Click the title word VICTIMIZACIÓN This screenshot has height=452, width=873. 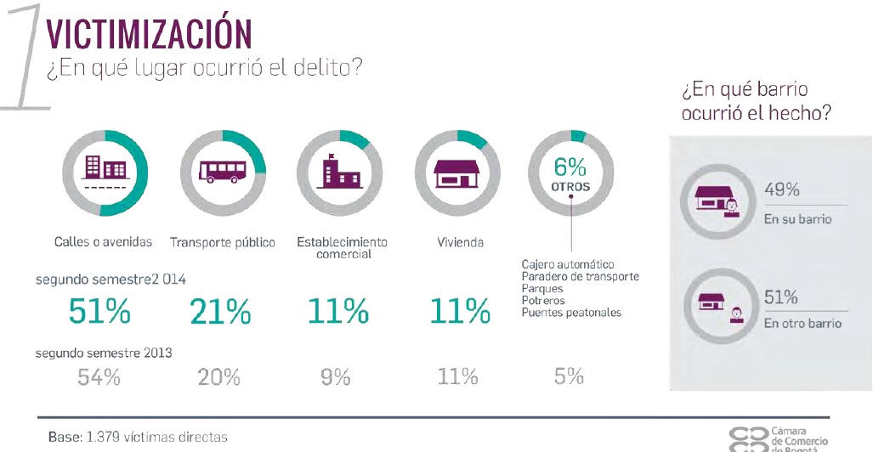149,34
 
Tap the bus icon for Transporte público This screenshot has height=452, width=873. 223,172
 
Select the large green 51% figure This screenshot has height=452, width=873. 99,311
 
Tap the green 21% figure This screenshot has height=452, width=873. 219,313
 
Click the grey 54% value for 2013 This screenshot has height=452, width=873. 99,376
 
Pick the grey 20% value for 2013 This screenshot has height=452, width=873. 219,376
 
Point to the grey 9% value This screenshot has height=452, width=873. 336,376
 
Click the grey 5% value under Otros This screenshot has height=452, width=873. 569,376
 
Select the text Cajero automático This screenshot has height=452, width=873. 568,265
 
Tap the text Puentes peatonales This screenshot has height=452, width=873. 571,313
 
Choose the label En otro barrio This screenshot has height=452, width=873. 802,324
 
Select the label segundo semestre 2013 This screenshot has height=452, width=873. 103,353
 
